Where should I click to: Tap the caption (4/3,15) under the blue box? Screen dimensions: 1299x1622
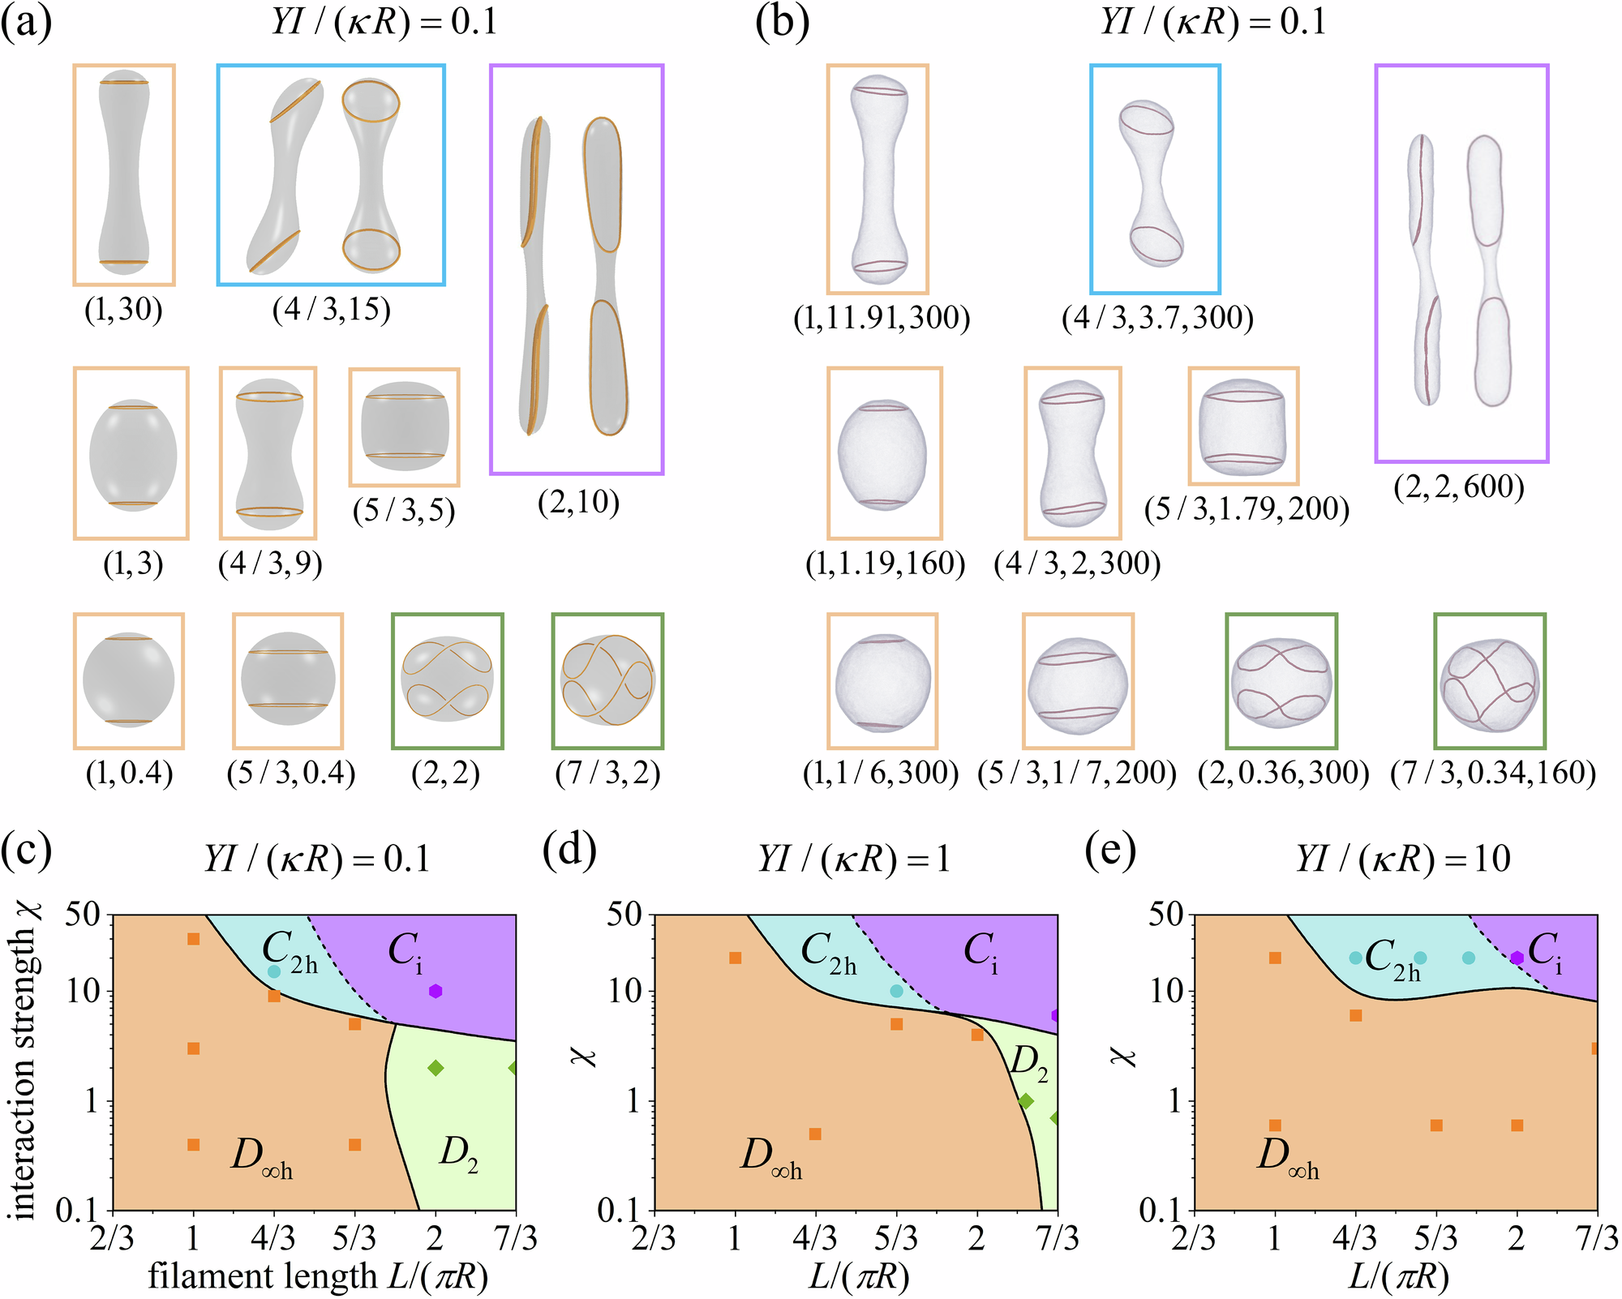coord(331,310)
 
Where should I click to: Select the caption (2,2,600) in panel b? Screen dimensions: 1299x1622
coord(1459,487)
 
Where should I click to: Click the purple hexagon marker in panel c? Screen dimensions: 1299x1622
coord(436,991)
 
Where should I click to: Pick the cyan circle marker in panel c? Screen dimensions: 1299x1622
coord(274,971)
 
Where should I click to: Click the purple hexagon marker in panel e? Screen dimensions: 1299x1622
coord(1517,958)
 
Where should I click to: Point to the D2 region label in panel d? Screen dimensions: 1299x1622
coord(1028,1064)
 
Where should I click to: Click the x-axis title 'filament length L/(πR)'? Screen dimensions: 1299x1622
coord(318,1276)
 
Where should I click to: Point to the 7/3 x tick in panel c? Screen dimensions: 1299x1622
coord(516,1239)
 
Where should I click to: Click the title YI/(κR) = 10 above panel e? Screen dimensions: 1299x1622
coord(1403,859)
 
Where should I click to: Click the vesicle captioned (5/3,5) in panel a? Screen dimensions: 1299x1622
coord(404,427)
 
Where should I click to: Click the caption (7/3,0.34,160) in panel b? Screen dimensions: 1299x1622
coord(1493,773)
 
